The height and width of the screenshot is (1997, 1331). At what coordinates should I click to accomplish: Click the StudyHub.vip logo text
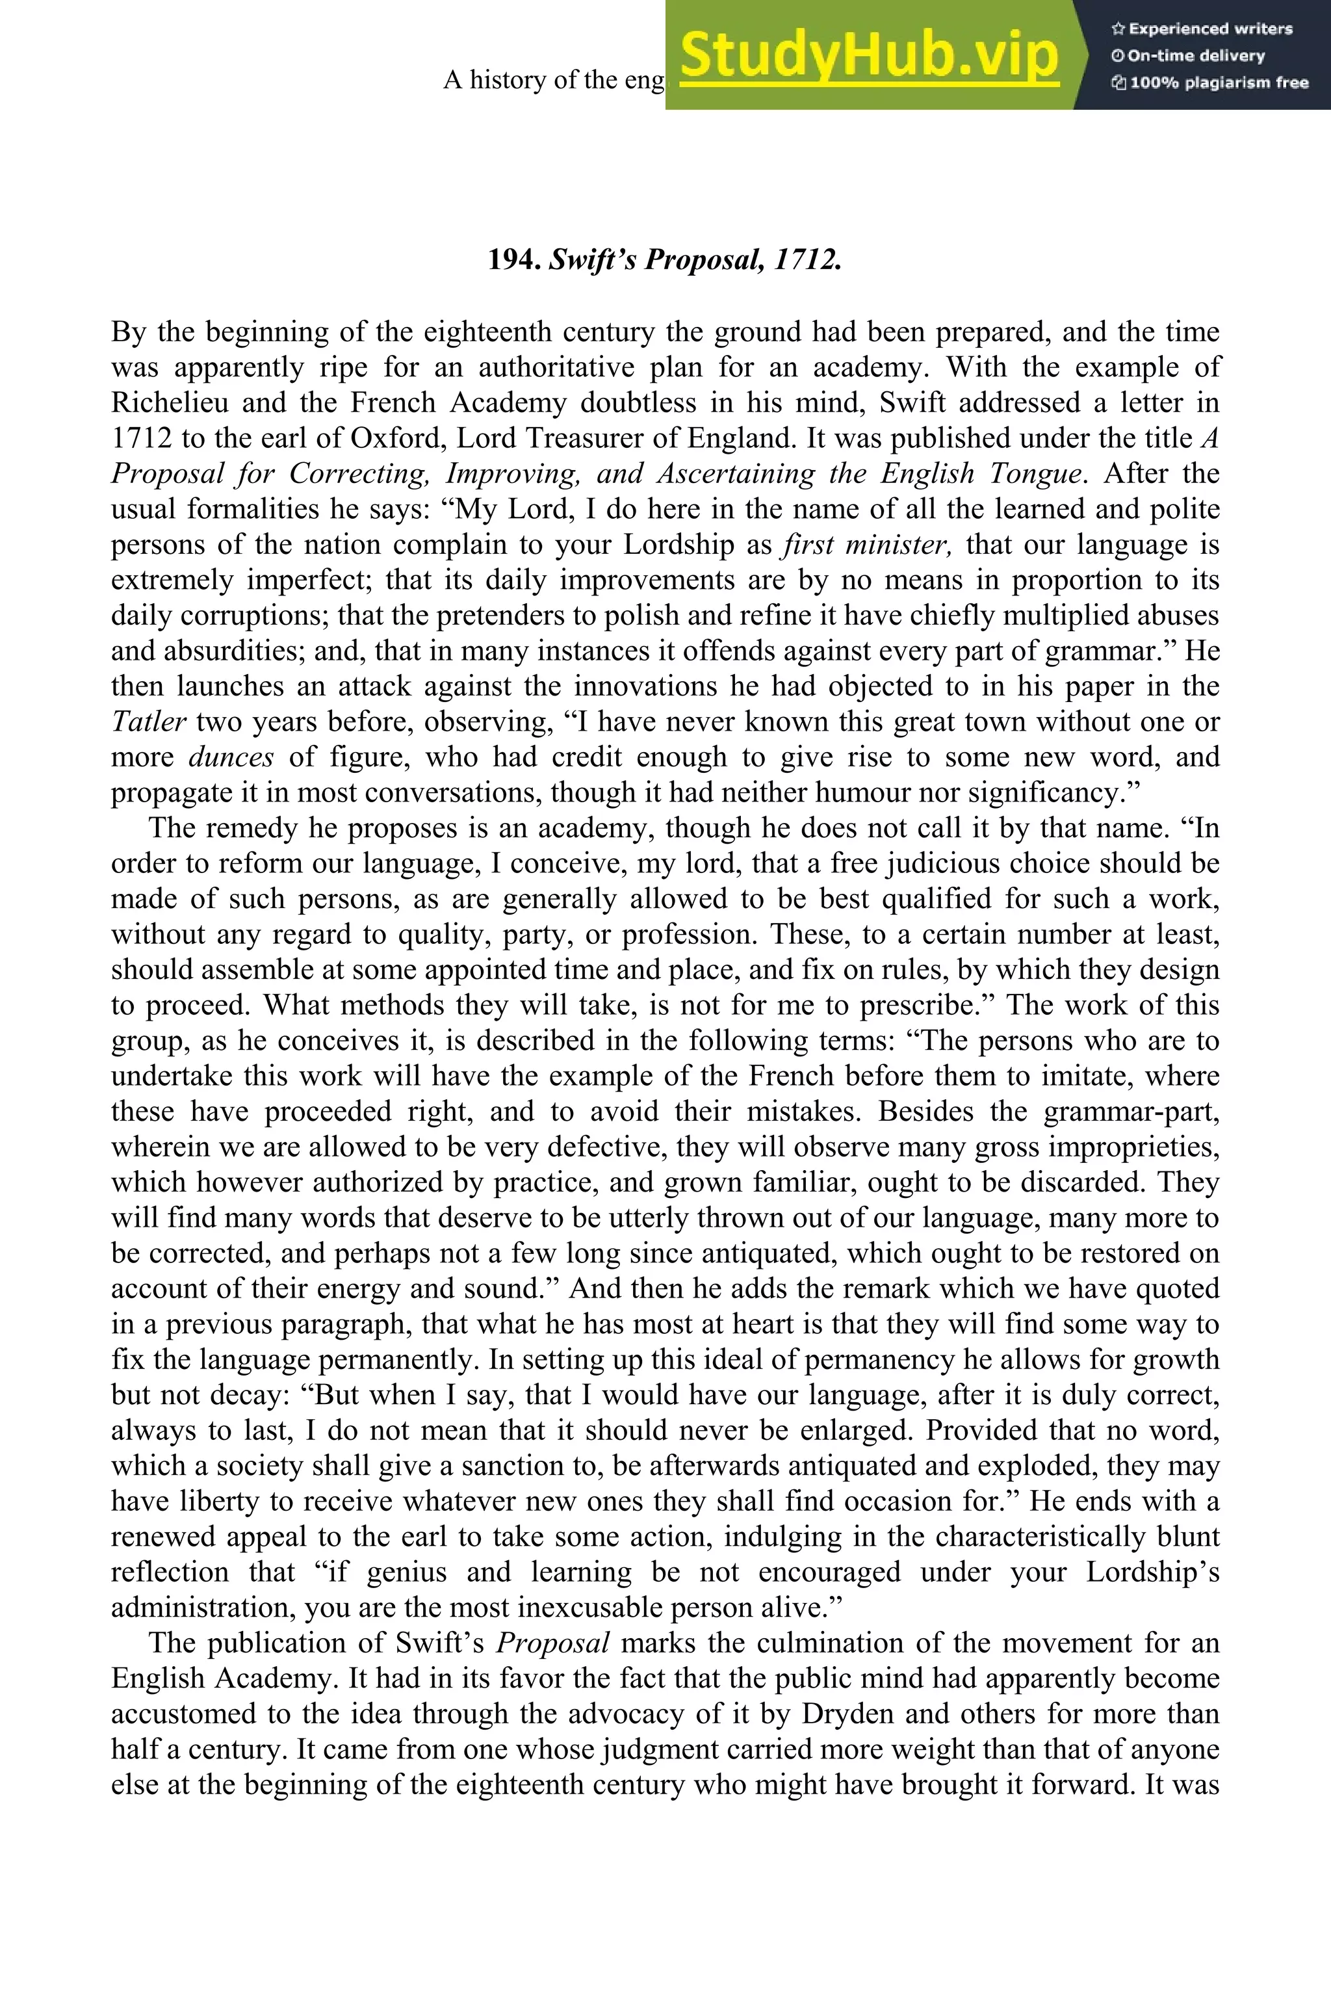(x=869, y=56)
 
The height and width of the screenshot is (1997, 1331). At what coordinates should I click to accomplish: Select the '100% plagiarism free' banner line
(x=1209, y=83)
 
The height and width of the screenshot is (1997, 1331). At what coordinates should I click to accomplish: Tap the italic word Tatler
(x=149, y=722)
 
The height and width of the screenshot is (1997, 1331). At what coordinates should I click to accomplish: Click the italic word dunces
(x=231, y=757)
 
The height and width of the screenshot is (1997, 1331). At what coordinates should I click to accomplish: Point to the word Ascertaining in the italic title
(x=735, y=474)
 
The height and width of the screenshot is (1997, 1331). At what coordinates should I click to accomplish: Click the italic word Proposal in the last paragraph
(x=552, y=1643)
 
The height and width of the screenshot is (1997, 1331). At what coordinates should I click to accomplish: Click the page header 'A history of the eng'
(x=554, y=80)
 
